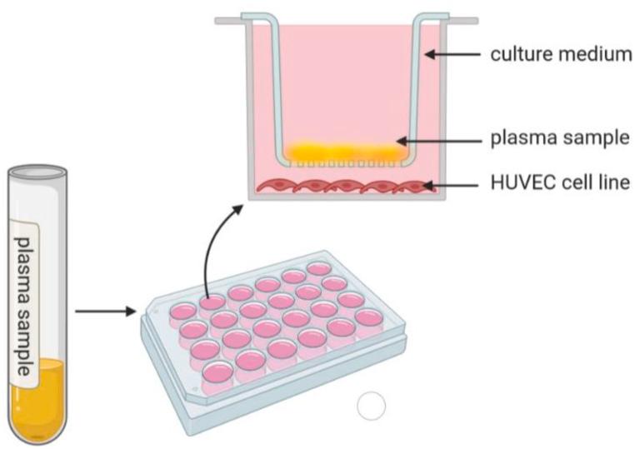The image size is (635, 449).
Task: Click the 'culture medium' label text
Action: click(x=561, y=55)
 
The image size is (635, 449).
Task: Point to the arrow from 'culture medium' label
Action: click(x=454, y=55)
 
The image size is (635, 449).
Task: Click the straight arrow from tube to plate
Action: click(x=104, y=312)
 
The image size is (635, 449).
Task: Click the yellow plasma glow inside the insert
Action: click(x=346, y=151)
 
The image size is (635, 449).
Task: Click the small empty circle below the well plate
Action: click(x=370, y=407)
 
